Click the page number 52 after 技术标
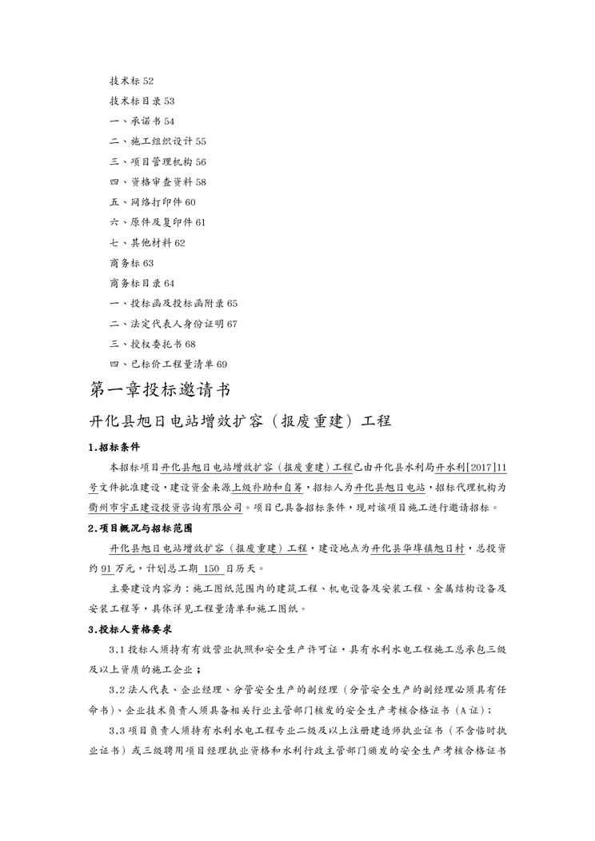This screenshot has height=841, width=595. pos(149,81)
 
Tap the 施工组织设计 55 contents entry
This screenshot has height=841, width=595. pos(158,141)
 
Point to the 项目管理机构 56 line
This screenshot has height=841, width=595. pos(158,161)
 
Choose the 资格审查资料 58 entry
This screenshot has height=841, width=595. pos(158,182)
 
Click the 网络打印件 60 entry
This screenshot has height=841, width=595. pos(152,202)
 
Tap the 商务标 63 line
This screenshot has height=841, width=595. pos(131,263)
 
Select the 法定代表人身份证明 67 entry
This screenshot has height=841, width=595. pos(174,324)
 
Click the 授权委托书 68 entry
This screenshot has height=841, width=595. pos(152,344)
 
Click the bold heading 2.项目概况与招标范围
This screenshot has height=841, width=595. pos(140,528)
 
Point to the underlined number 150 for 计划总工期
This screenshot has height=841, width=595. pos(210,568)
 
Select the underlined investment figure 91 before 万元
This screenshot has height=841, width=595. pos(106,568)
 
